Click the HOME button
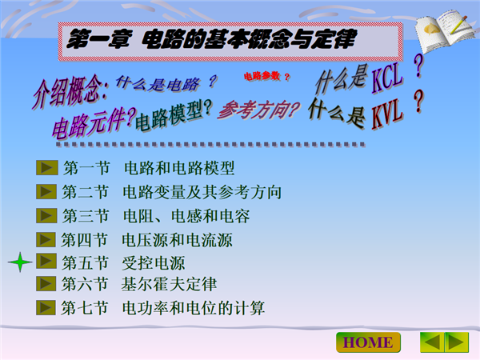[x=368, y=342]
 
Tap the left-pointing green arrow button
[x=432, y=342]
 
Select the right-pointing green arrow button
[x=457, y=342]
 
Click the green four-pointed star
[x=20, y=262]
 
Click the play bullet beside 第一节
[x=47, y=168]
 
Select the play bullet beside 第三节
[x=46, y=215]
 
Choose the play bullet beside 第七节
[x=46, y=308]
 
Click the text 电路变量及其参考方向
[x=202, y=192]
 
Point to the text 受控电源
[x=154, y=263]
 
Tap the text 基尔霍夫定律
[x=169, y=284]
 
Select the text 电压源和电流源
[x=178, y=240]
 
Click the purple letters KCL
[x=387, y=78]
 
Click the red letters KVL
[x=387, y=114]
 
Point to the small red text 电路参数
[x=262, y=76]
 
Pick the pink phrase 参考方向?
[x=259, y=110]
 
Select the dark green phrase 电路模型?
[x=174, y=116]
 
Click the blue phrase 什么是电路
[x=158, y=83]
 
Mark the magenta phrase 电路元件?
[x=94, y=122]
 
